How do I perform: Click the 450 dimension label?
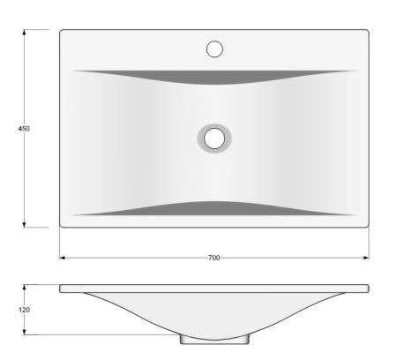click(24, 129)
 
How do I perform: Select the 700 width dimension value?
click(214, 258)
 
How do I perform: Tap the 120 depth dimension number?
click(24, 310)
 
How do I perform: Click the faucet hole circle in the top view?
click(214, 49)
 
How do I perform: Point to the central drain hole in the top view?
click(214, 139)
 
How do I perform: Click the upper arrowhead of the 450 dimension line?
click(24, 32)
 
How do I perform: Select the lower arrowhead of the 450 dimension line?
click(24, 224)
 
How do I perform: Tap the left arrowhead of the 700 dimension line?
click(63, 258)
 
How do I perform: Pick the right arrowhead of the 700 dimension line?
click(366, 258)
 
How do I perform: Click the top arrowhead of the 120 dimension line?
click(24, 288)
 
